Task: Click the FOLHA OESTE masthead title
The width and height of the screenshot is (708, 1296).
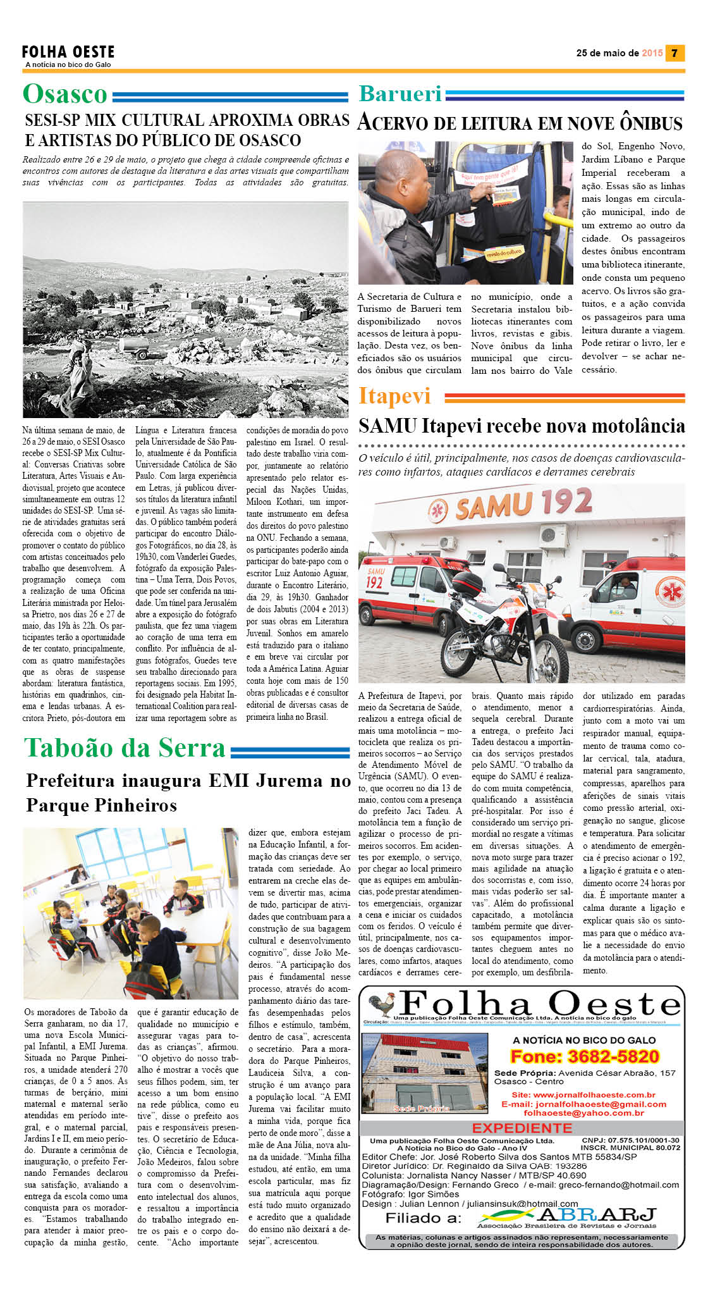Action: pyautogui.click(x=68, y=52)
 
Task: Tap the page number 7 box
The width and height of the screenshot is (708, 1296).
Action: pyautogui.click(x=674, y=53)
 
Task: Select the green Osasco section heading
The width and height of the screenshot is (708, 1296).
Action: pyautogui.click(x=65, y=94)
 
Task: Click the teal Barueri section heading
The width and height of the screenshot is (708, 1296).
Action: pyautogui.click(x=400, y=94)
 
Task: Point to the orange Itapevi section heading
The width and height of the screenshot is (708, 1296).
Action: pyautogui.click(x=394, y=396)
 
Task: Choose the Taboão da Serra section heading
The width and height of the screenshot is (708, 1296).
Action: pyautogui.click(x=125, y=748)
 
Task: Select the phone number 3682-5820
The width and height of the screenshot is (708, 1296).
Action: pyautogui.click(x=613, y=1056)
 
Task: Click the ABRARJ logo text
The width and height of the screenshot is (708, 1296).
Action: pyautogui.click(x=596, y=1215)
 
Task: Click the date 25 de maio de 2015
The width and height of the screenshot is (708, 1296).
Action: pyautogui.click(x=619, y=53)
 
